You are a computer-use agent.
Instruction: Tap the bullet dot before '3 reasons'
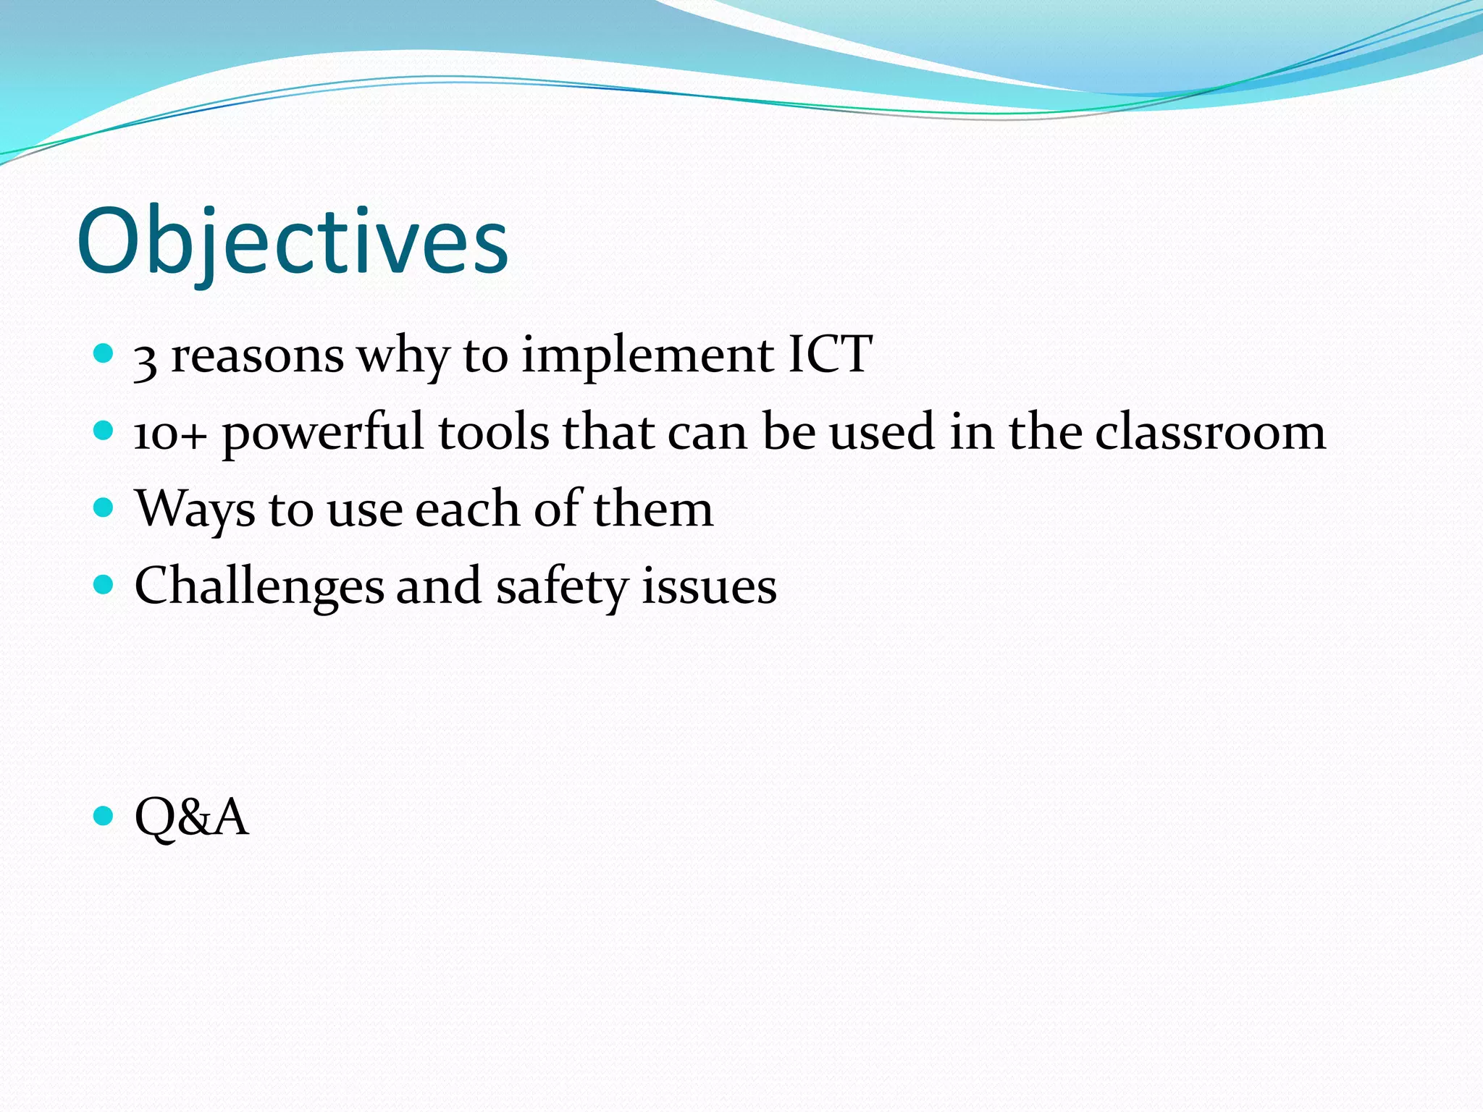pyautogui.click(x=104, y=353)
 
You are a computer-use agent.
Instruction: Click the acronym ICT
pyautogui.click(x=830, y=355)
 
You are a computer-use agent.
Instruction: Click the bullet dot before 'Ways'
pyautogui.click(x=104, y=507)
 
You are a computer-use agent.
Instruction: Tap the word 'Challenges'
pyautogui.click(x=259, y=587)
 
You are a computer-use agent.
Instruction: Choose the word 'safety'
pyautogui.click(x=562, y=587)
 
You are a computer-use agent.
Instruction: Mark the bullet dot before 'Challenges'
pyautogui.click(x=104, y=584)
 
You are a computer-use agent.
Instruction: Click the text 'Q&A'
pyautogui.click(x=191, y=817)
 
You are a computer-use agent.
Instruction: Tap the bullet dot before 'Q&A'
pyautogui.click(x=104, y=816)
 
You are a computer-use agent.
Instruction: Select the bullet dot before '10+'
pyautogui.click(x=104, y=431)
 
